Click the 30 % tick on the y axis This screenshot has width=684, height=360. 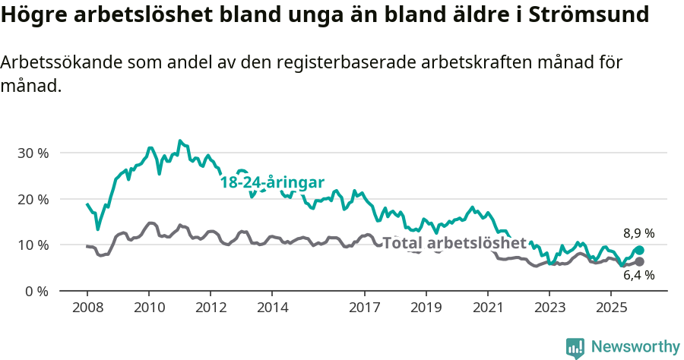[33, 153]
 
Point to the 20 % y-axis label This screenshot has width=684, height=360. [33, 199]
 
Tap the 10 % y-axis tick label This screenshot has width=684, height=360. [33, 245]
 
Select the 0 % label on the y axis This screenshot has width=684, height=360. [36, 291]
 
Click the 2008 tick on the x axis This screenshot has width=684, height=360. [87, 308]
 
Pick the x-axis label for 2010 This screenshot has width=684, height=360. [148, 308]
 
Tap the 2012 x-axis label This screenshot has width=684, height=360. [211, 308]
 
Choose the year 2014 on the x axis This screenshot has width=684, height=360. [272, 308]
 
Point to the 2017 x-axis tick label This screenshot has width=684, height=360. [365, 308]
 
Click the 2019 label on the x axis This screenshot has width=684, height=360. [426, 308]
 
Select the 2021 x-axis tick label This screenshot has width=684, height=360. [488, 308]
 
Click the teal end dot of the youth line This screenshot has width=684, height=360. [639, 250]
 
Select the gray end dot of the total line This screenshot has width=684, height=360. [639, 261]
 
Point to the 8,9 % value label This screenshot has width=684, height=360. [639, 234]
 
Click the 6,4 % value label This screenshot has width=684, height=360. [639, 276]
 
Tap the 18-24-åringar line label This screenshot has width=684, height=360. [272, 182]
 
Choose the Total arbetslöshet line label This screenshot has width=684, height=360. [454, 243]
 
